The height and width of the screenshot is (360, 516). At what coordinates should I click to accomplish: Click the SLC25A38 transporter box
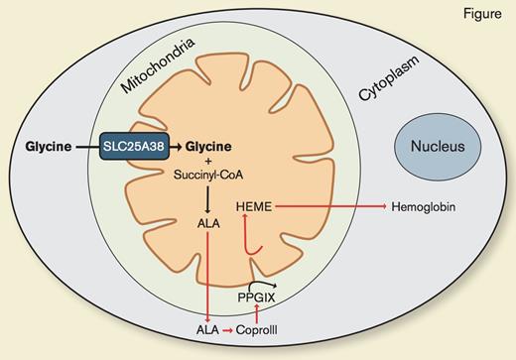pyautogui.click(x=135, y=149)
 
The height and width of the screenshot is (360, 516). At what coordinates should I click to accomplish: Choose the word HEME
pyautogui.click(x=255, y=206)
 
